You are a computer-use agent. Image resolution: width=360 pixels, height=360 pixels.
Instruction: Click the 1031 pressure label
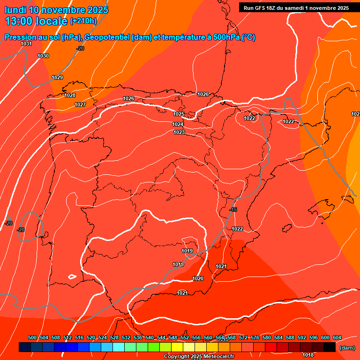click(x=26, y=44)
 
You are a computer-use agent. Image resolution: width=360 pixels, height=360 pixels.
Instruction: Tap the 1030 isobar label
click(x=43, y=56)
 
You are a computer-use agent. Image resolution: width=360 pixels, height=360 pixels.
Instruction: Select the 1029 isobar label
click(x=57, y=77)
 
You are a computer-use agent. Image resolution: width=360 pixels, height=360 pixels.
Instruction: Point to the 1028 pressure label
click(x=70, y=95)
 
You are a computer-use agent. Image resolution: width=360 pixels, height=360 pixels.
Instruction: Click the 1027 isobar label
click(x=80, y=105)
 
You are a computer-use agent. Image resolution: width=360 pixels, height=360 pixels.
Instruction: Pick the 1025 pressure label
click(x=179, y=114)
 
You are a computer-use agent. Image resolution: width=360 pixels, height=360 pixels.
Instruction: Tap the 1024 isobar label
click(x=178, y=124)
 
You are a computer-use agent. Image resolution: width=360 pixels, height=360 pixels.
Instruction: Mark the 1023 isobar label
click(x=179, y=132)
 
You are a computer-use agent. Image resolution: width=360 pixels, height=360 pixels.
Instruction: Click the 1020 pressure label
click(x=198, y=278)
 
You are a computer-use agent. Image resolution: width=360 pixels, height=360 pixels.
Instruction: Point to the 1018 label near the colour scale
click(x=308, y=355)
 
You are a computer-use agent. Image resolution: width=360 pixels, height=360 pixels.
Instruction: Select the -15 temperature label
click(x=233, y=210)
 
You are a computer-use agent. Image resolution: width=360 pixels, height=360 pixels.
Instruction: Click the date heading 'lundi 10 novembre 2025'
click(x=56, y=10)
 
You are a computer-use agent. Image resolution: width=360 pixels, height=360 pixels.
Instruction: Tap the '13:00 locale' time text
click(x=36, y=21)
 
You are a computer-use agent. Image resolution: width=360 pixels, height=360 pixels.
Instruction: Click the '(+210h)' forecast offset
click(x=83, y=21)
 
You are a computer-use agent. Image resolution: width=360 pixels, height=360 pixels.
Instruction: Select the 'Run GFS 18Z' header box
click(x=296, y=8)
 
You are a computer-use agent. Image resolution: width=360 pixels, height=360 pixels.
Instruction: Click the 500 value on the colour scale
click(x=32, y=337)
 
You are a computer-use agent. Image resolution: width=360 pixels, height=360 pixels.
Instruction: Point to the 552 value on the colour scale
click(x=185, y=337)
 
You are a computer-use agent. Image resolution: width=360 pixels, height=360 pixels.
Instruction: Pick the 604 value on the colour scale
click(x=337, y=337)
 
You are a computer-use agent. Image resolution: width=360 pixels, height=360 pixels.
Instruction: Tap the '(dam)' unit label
click(x=346, y=348)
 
